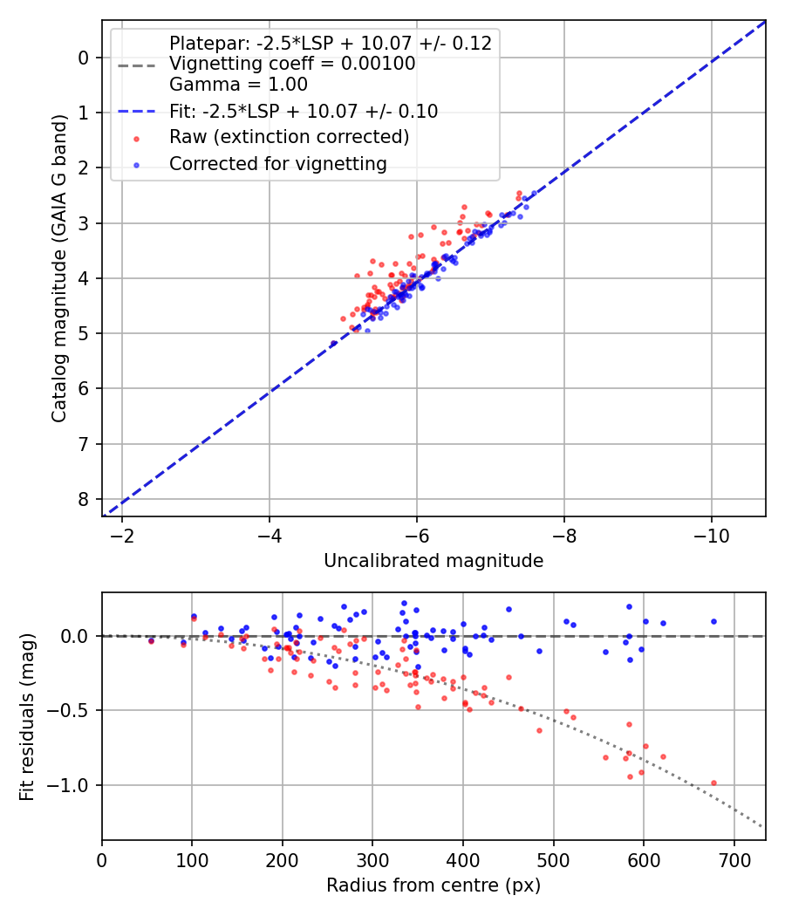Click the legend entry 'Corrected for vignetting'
click(277, 163)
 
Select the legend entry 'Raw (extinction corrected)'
click(289, 137)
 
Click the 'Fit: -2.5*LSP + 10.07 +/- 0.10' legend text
click(304, 111)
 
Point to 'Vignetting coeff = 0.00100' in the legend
click(292, 64)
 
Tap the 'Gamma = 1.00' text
click(238, 85)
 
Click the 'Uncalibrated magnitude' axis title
click(433, 561)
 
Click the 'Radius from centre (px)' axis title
click(433, 885)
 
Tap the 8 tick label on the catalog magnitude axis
click(84, 499)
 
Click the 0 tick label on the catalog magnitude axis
click(84, 58)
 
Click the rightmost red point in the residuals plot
click(713, 783)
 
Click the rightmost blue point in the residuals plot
click(713, 621)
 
